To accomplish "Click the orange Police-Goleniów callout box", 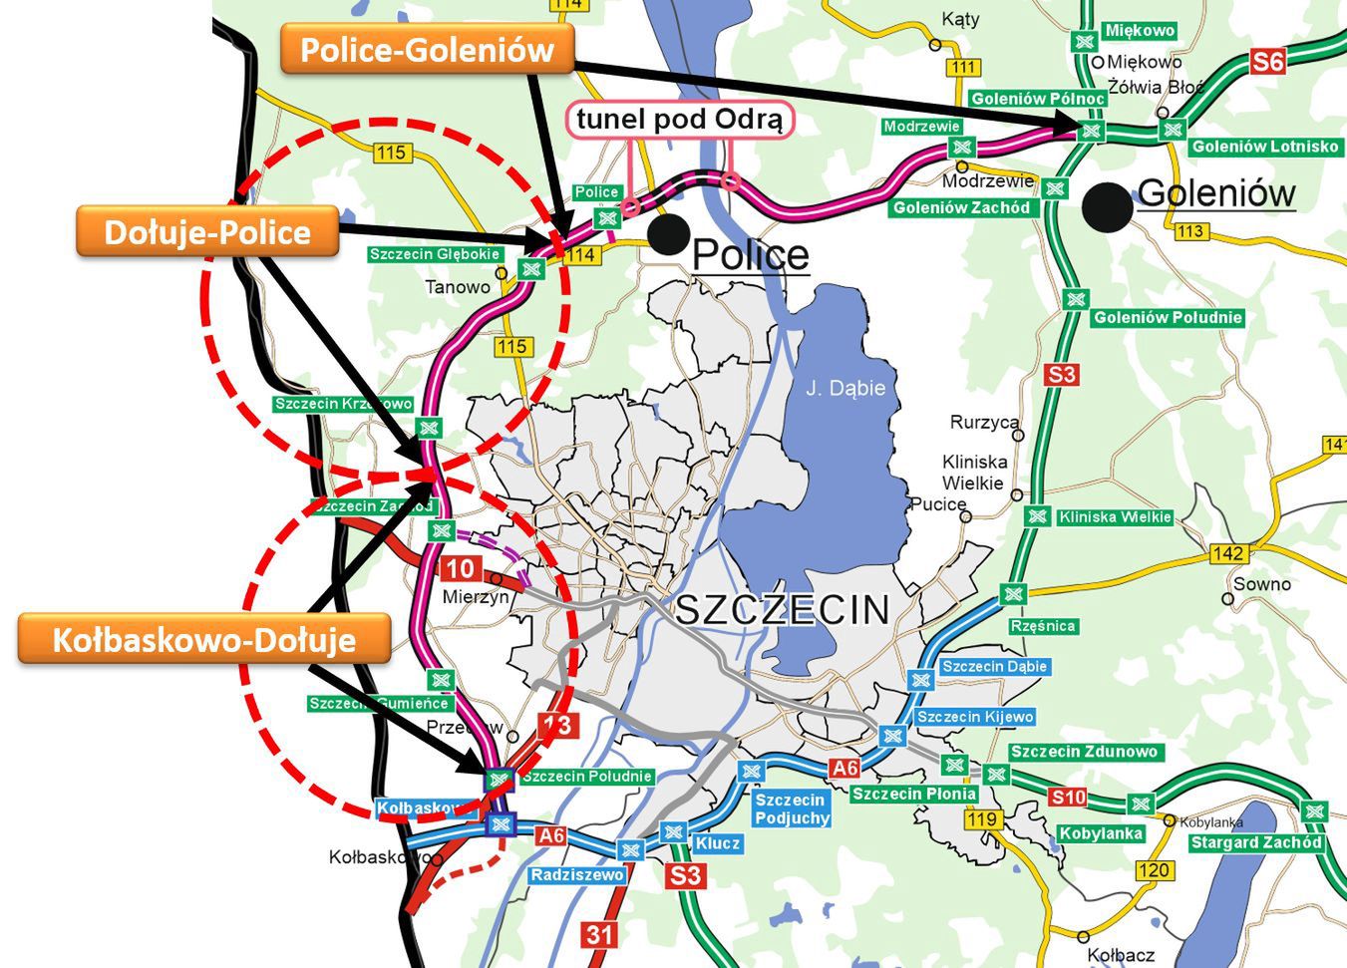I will (427, 49).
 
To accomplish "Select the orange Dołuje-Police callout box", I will (207, 232).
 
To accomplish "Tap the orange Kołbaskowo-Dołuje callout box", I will (203, 639).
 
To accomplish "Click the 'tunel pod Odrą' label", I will (681, 120).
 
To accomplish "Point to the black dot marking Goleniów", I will (1109, 207).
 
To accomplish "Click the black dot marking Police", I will (669, 233).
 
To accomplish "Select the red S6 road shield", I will (1267, 62).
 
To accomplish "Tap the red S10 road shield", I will (1068, 797).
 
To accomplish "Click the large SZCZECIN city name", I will (782, 609).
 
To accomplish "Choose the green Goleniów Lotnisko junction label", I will (1264, 147).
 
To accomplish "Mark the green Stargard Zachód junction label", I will (1255, 842).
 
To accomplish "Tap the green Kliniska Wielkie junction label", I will (1115, 517).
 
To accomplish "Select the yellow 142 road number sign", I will (1228, 553).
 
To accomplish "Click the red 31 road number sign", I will (599, 934).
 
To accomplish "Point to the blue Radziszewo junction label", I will (577, 874).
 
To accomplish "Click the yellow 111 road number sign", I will (963, 68).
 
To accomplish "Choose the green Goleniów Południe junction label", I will (1168, 318).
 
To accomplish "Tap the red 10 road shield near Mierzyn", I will (460, 569).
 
